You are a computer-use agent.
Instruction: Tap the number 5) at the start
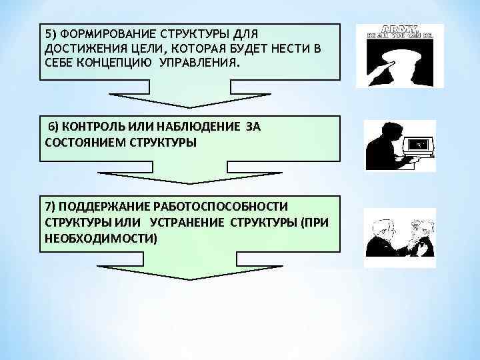tap(51, 34)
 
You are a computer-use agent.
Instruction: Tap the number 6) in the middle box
tap(53, 127)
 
